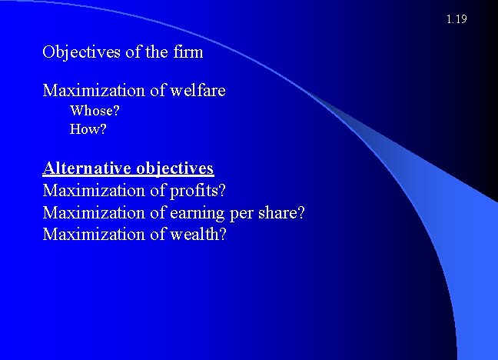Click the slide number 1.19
456,19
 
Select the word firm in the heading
188,53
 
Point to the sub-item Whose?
95,111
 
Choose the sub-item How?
88,129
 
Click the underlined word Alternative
87,168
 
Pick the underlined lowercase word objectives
174,168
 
